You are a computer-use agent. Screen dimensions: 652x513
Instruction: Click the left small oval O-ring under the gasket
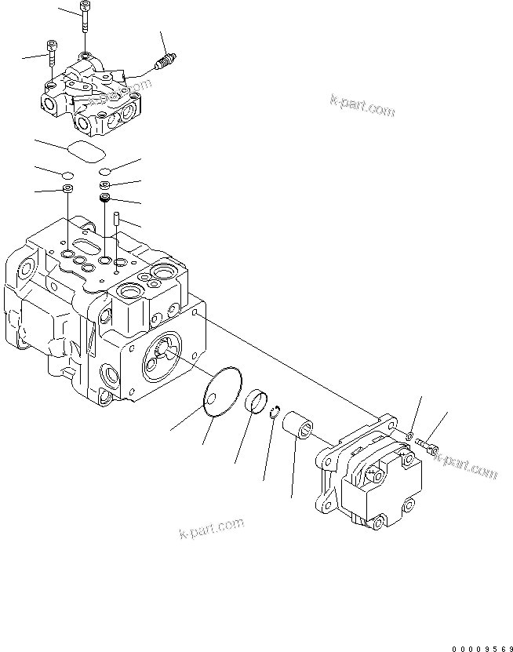coord(67,174)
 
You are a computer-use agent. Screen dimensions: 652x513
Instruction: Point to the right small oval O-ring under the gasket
coord(105,174)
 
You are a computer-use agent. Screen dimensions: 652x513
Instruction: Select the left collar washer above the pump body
coord(68,191)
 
